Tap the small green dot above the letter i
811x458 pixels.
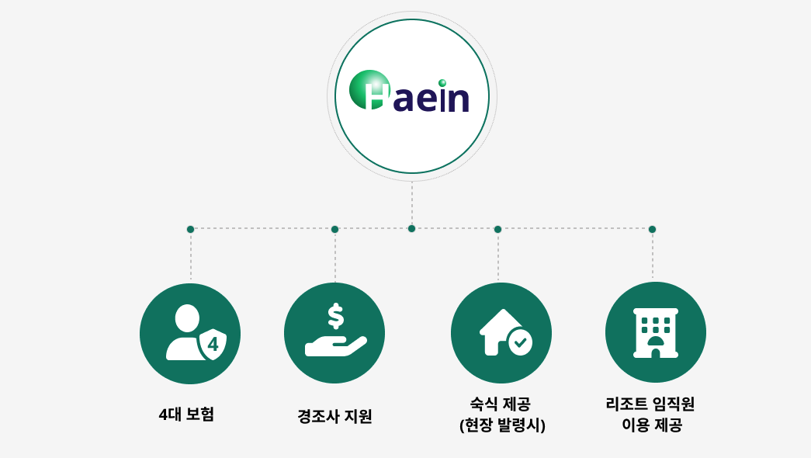point(442,83)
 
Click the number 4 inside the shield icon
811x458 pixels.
point(213,344)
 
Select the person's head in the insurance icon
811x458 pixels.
point(187,318)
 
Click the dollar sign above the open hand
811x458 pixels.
point(336,316)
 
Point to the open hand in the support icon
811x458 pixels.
point(336,346)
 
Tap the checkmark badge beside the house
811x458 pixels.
point(520,342)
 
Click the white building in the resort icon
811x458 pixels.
point(655,333)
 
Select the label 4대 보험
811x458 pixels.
point(186,414)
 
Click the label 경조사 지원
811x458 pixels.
point(334,416)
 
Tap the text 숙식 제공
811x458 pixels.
point(500,404)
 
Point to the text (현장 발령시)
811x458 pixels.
point(502,425)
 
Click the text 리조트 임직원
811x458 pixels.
point(650,404)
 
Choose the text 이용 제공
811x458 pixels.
point(652,425)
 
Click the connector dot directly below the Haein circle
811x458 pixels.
point(411,229)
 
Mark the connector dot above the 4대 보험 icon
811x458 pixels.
point(190,229)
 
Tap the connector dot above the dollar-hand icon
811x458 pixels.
point(334,229)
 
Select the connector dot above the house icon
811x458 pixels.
point(497,229)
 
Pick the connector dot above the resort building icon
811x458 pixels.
point(652,229)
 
